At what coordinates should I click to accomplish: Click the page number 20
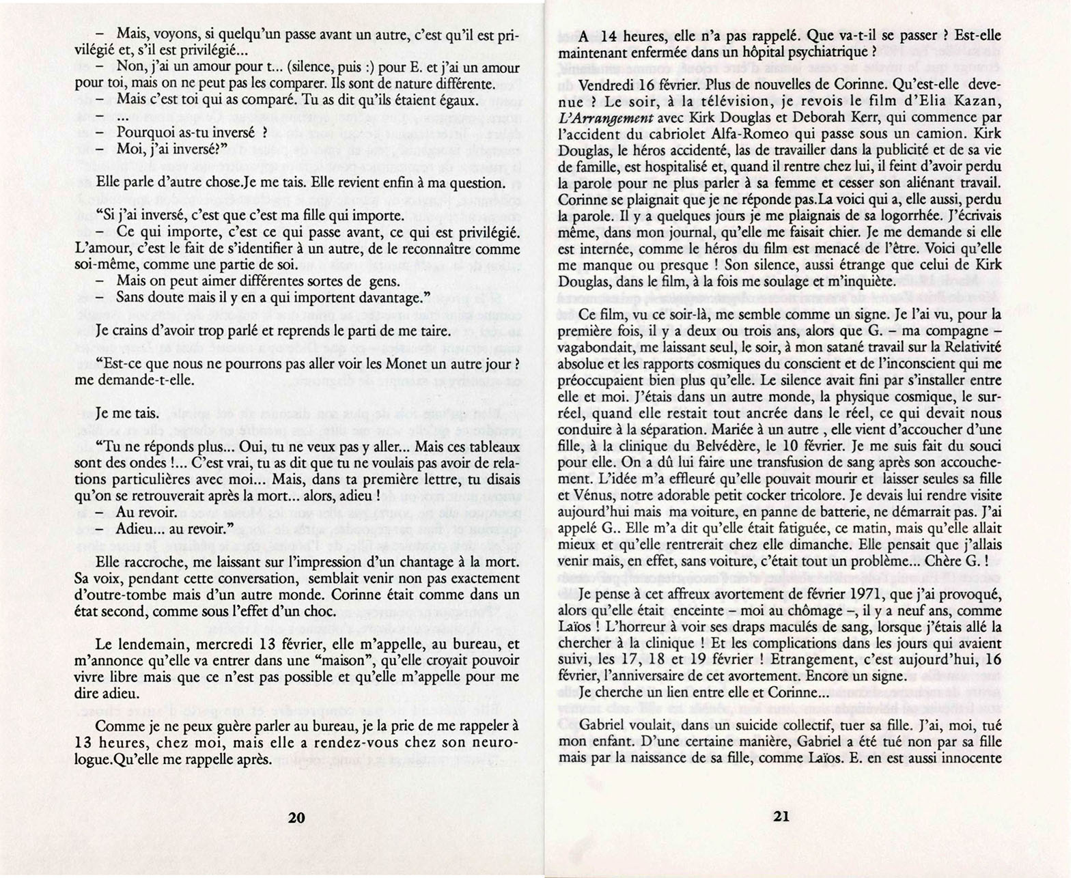pyautogui.click(x=296, y=817)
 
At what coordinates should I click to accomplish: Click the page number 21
pyautogui.click(x=781, y=815)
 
